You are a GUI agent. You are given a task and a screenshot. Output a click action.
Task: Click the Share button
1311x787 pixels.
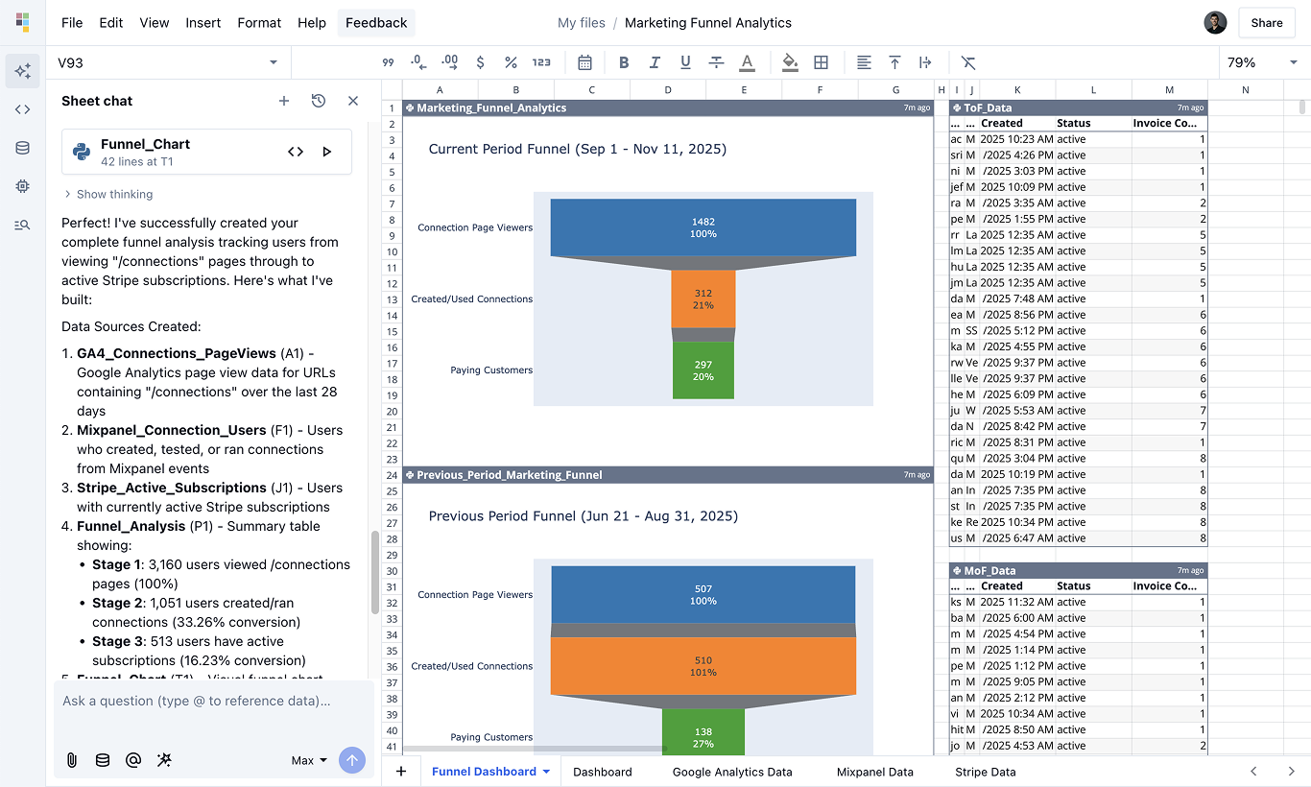(1266, 23)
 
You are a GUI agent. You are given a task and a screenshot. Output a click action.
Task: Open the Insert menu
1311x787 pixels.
(203, 23)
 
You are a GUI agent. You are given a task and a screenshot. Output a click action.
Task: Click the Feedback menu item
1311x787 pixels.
(376, 23)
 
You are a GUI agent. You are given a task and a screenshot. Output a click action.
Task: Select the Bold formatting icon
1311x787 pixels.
(624, 62)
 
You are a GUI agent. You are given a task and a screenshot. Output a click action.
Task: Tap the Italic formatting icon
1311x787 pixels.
(655, 62)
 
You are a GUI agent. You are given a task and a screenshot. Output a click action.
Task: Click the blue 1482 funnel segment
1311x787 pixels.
(703, 227)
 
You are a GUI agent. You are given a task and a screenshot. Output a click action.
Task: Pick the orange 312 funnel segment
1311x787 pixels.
(703, 298)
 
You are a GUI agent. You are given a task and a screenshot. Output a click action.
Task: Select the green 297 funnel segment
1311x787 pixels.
(703, 370)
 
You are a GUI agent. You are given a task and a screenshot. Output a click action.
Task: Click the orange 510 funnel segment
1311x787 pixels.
(703, 666)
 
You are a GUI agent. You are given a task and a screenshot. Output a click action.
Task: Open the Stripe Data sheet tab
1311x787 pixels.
(985, 772)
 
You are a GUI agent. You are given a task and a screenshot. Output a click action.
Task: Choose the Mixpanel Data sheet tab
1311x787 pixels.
(874, 772)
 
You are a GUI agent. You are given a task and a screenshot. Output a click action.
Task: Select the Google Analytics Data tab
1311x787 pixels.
(732, 772)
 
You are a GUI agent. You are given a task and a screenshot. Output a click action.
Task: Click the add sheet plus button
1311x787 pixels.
(401, 772)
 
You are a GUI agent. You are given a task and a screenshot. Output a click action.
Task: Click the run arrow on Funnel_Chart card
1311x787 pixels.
(327, 152)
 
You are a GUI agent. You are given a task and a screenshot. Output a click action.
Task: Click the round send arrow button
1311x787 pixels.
(352, 760)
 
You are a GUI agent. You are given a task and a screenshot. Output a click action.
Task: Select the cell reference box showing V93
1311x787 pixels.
(163, 62)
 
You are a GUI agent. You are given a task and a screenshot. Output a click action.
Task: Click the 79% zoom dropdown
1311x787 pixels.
(1261, 62)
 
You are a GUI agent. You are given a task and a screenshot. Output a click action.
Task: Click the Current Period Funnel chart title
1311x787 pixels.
(577, 149)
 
